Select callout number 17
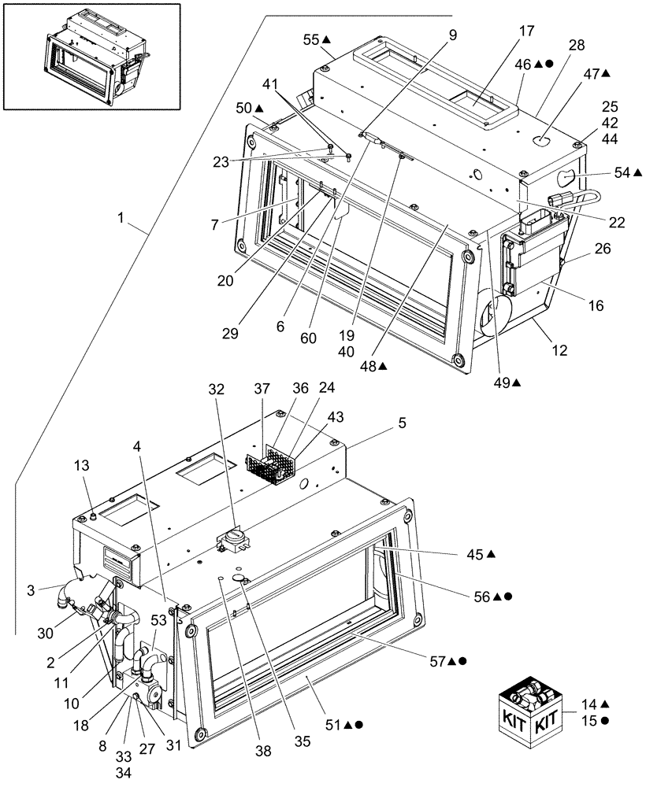click(x=526, y=31)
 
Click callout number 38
click(x=263, y=752)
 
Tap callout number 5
click(x=402, y=423)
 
